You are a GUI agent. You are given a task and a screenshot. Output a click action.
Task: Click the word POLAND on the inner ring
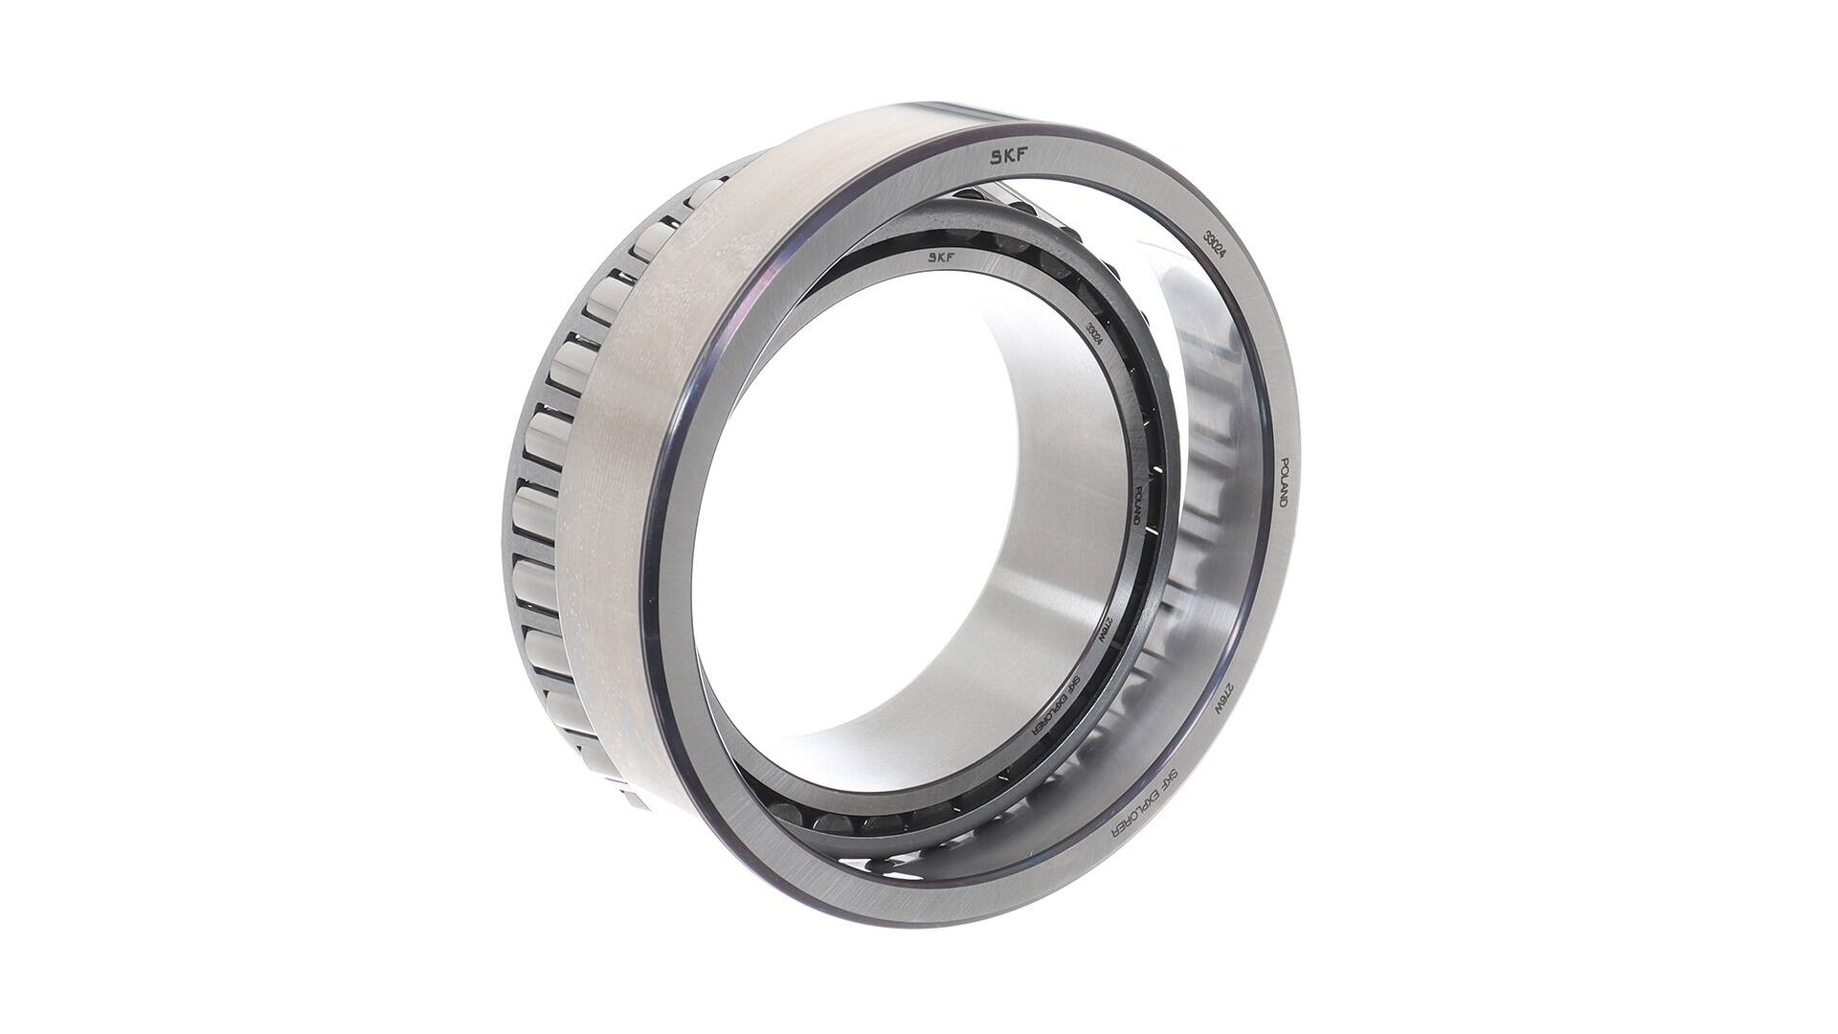pyautogui.click(x=1137, y=501)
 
